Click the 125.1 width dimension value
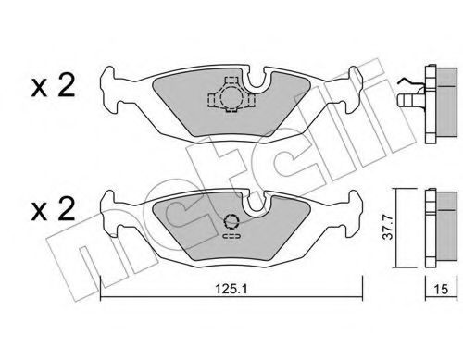pos(231,289)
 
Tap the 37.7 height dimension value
pos(388,228)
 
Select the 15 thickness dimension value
pos(441,289)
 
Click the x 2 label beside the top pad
pos(53,87)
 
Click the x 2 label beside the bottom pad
pos(53,209)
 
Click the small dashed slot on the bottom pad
pos(231,236)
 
